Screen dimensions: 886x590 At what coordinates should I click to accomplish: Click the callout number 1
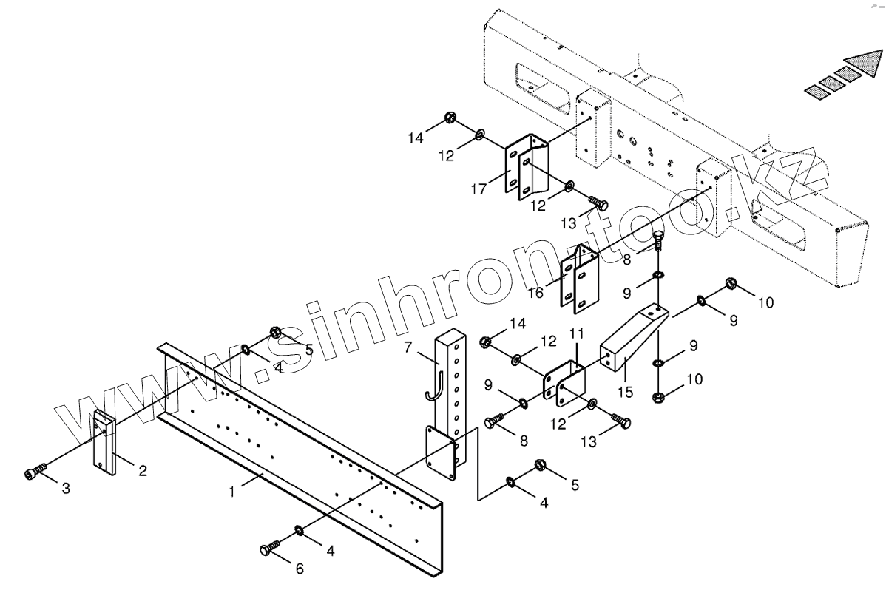point(231,490)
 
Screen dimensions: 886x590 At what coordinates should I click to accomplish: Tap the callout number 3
point(66,489)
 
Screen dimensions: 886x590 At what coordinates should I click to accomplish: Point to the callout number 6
point(299,569)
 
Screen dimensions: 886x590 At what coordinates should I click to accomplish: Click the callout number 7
point(408,346)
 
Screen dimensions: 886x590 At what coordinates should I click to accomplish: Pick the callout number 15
point(626,391)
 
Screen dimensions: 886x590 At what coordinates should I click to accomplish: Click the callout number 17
point(478,190)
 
